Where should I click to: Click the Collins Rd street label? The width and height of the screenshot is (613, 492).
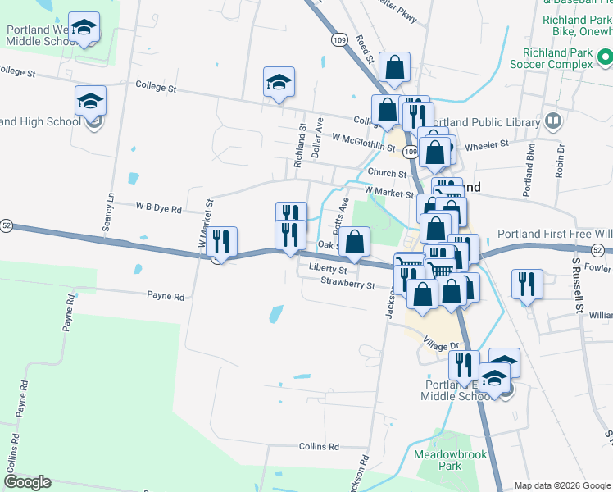pyautogui.click(x=319, y=446)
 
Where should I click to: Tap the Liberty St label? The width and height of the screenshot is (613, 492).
pyautogui.click(x=328, y=268)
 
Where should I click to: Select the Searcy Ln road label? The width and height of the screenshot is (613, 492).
pyautogui.click(x=109, y=212)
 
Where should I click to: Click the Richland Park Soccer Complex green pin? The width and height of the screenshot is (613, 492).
pyautogui.click(x=605, y=57)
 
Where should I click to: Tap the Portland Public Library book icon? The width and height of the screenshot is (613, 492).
pyautogui.click(x=553, y=122)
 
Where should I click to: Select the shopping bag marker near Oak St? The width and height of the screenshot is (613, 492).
pyautogui.click(x=354, y=241)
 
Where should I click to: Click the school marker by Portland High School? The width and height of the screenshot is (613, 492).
pyautogui.click(x=90, y=102)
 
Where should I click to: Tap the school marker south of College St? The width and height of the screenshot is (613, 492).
pyautogui.click(x=279, y=82)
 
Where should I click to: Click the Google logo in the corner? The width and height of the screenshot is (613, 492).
pyautogui.click(x=27, y=482)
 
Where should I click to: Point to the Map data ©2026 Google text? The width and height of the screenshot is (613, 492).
pyautogui.click(x=562, y=485)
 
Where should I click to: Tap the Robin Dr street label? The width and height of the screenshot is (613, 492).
pyautogui.click(x=561, y=161)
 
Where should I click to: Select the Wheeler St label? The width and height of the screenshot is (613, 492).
pyautogui.click(x=487, y=143)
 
